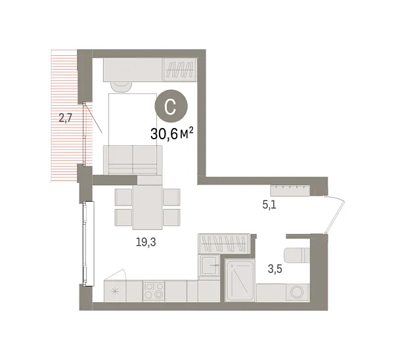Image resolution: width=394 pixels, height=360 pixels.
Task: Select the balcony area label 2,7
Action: (x=66, y=119)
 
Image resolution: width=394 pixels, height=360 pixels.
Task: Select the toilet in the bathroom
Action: (x=295, y=255)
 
